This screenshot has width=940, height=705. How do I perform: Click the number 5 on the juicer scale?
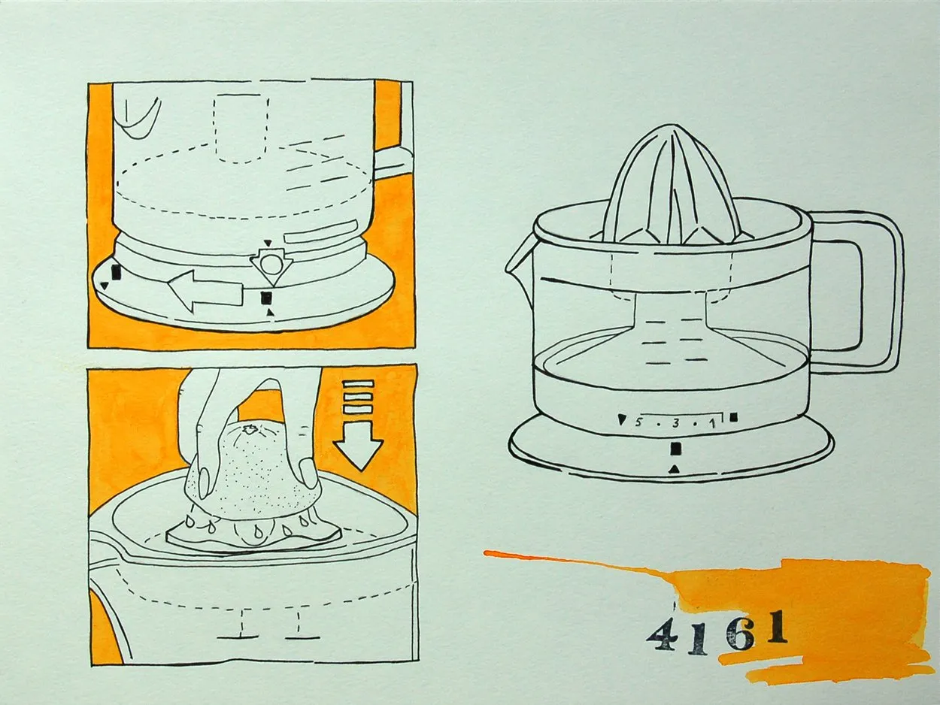coord(638,423)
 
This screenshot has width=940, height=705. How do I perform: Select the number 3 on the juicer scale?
coord(676,424)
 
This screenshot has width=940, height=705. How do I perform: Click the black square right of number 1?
coord(734,417)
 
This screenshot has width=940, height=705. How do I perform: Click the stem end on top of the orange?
coord(248,428)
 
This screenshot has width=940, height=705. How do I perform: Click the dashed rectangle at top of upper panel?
coord(242,129)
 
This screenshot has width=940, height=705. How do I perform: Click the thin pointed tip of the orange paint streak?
coord(486,552)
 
